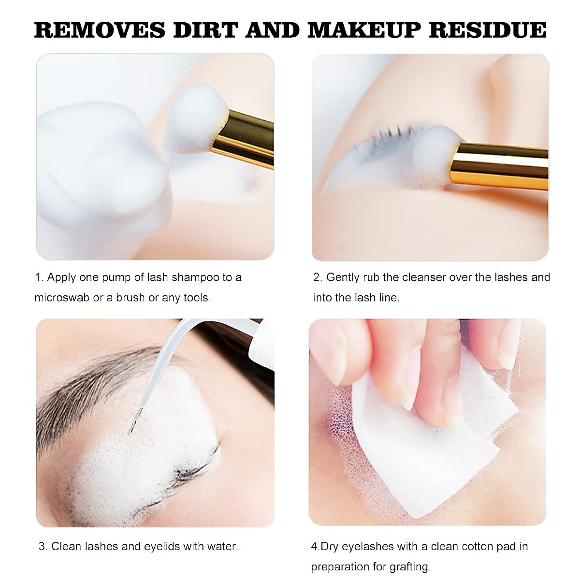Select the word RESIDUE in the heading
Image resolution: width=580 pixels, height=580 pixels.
click(x=488, y=30)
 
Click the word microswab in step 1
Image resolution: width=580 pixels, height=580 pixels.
click(x=61, y=298)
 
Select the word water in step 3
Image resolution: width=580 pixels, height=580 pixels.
click(x=222, y=547)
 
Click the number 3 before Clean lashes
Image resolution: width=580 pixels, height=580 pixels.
click(x=42, y=547)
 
